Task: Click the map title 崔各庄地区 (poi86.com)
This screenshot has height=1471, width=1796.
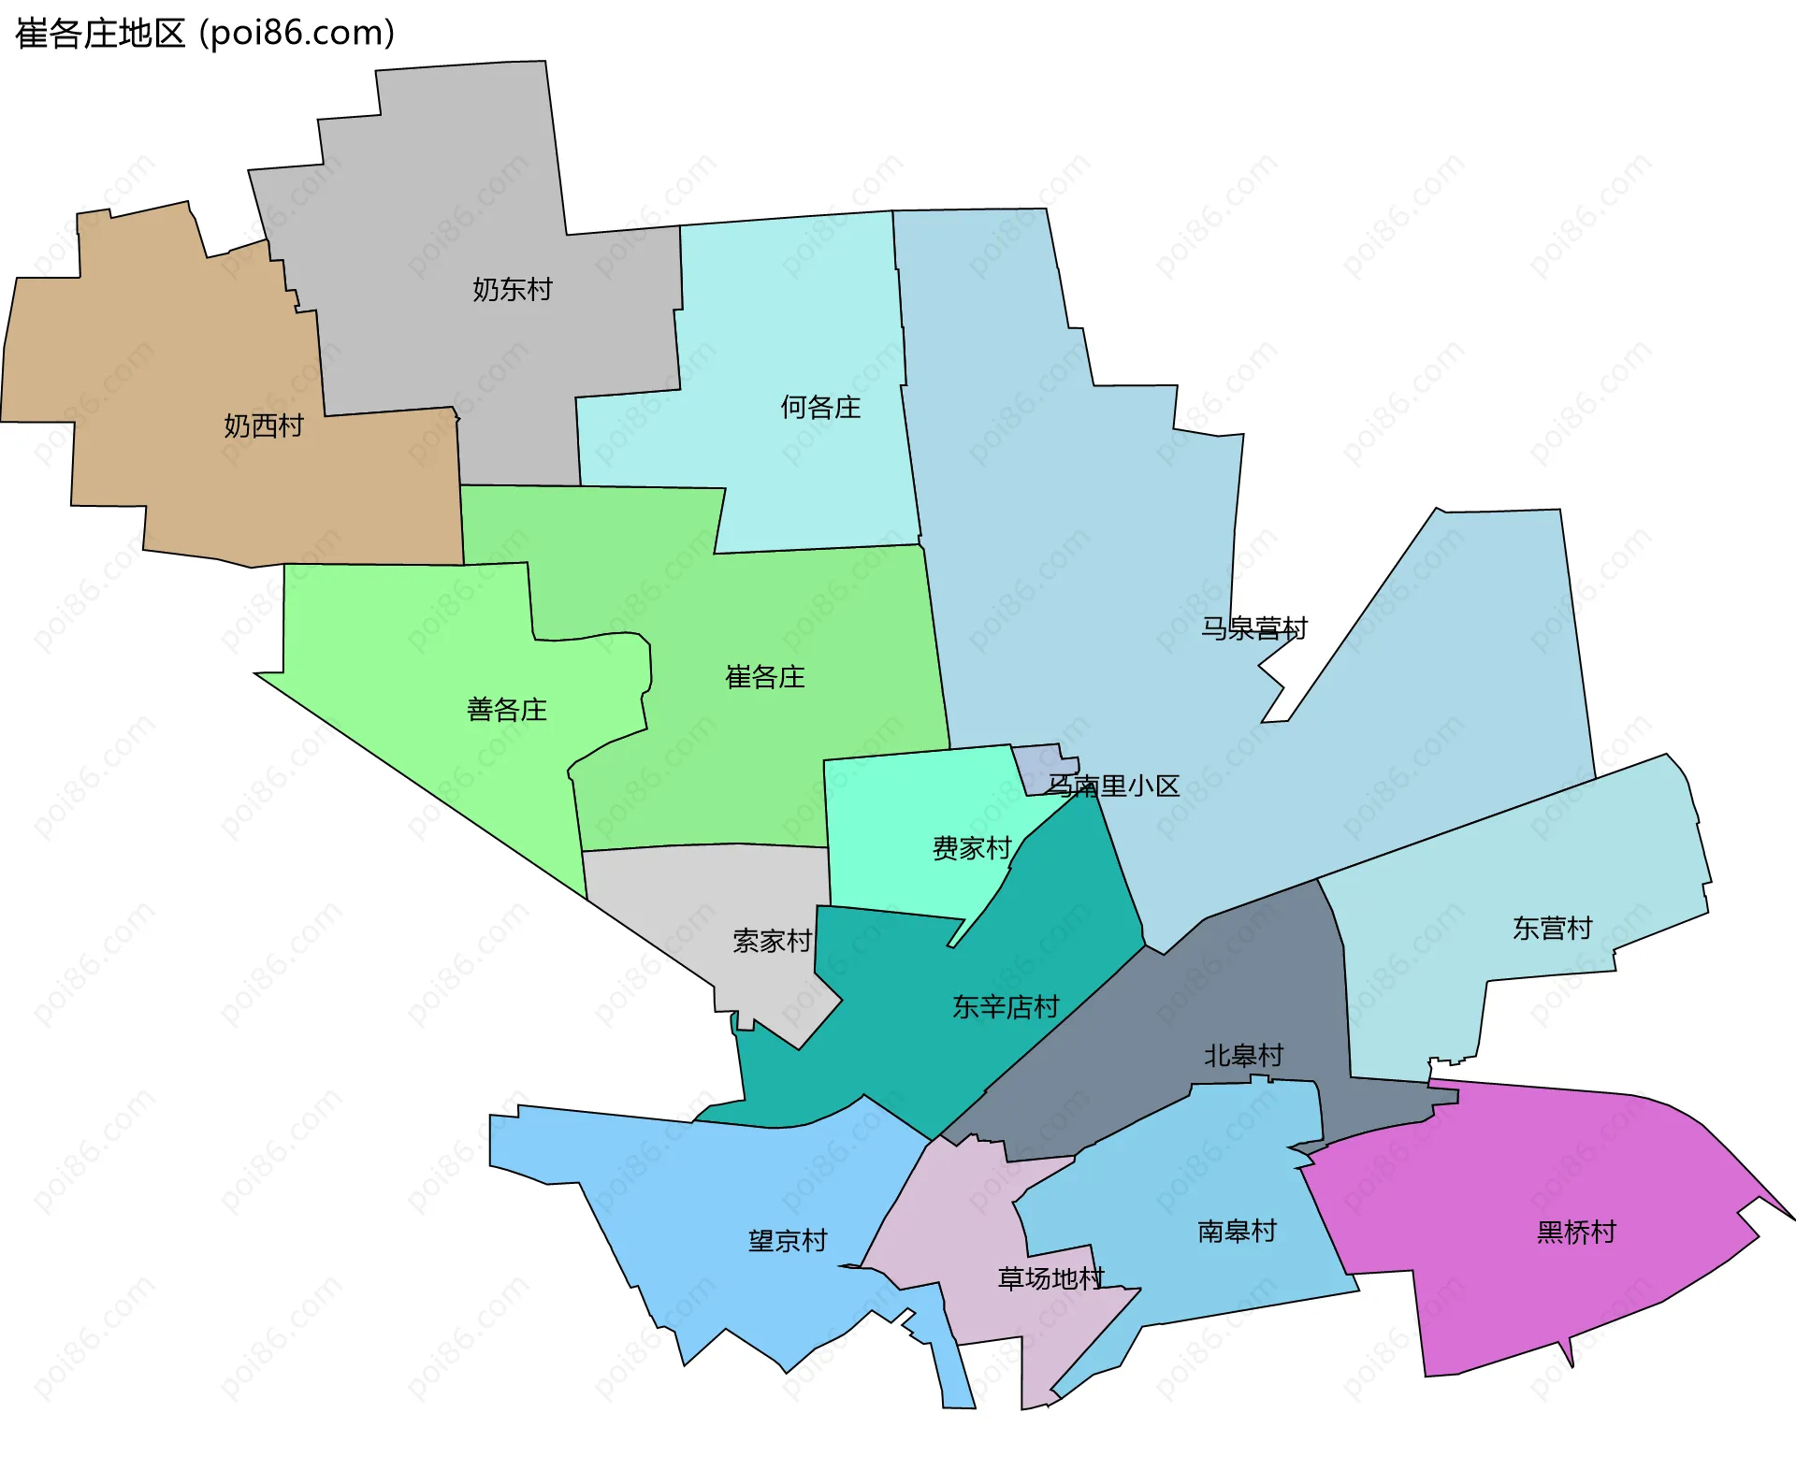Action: click(205, 34)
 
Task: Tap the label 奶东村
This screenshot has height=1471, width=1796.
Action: click(512, 290)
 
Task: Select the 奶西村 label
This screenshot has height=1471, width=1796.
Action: click(264, 426)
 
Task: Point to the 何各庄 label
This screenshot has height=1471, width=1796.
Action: click(820, 408)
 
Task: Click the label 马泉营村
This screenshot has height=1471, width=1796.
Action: click(1253, 628)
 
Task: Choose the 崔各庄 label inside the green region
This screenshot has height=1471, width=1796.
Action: click(764, 677)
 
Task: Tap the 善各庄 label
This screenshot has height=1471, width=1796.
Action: click(506, 710)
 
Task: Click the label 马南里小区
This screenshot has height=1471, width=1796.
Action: click(1112, 786)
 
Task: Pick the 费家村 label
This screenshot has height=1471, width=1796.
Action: click(972, 848)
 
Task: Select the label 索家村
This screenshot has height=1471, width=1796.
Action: click(772, 941)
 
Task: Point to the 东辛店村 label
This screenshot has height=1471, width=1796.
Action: click(1006, 1007)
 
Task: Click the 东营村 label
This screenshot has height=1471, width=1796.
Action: click(1552, 929)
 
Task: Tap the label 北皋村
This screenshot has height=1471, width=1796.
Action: click(1243, 1056)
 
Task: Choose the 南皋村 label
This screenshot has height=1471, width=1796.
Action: click(1237, 1232)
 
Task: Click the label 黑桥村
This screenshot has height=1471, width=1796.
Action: click(1576, 1233)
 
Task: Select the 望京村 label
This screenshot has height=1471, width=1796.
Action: click(788, 1241)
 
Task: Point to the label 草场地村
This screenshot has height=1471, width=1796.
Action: click(1050, 1278)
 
